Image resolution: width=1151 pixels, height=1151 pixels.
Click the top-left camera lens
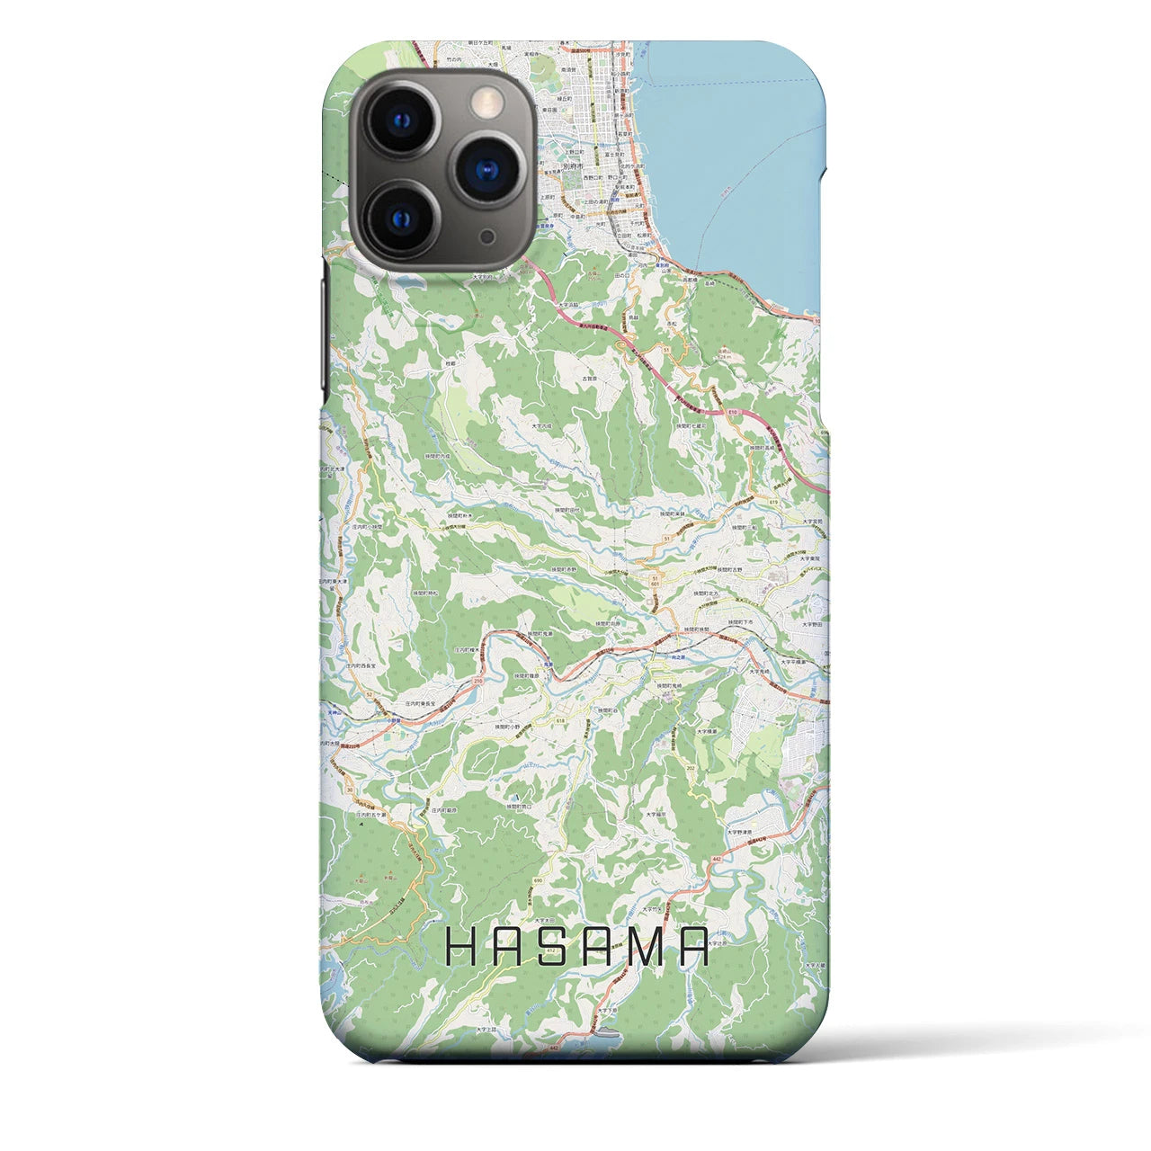click(399, 120)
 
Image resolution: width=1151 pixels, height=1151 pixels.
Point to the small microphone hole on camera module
click(487, 236)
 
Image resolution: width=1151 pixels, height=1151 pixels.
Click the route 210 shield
click(477, 681)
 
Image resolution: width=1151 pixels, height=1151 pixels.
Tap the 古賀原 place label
click(590, 381)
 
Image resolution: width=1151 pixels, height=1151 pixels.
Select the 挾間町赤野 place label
click(562, 569)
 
